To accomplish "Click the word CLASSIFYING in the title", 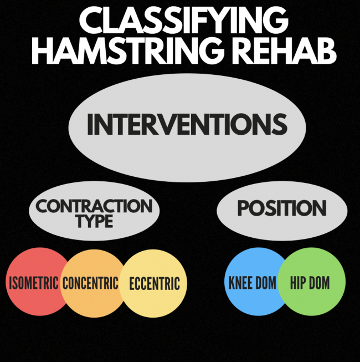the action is click(x=184, y=21).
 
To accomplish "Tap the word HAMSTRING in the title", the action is click(x=128, y=50).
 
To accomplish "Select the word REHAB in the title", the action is click(x=284, y=50).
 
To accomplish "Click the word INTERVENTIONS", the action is click(x=187, y=124).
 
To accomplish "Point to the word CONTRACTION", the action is click(x=94, y=206).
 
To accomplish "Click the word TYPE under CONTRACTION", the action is click(x=95, y=221).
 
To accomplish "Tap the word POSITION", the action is click(x=282, y=208).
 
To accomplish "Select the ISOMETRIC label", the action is click(x=34, y=283).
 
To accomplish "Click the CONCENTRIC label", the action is click(x=90, y=283).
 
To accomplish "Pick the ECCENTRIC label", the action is click(x=155, y=283).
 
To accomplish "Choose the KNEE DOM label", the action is click(x=252, y=282).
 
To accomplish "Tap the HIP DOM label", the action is click(x=310, y=282).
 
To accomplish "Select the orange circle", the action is click(x=92, y=283).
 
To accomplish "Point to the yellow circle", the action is click(x=153, y=283).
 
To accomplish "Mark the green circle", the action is click(x=311, y=282).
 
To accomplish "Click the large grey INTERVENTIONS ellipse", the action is click(x=187, y=128).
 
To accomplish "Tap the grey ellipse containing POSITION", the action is click(x=282, y=211).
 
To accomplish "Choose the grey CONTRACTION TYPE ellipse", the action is click(x=94, y=211).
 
